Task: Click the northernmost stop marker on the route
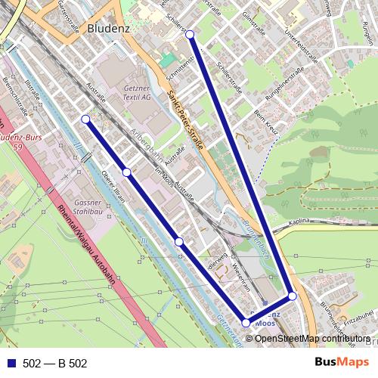190,35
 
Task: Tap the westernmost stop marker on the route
85,119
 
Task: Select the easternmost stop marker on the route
293,296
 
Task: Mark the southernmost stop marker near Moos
246,323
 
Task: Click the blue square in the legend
12,364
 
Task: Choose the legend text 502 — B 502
55,364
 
